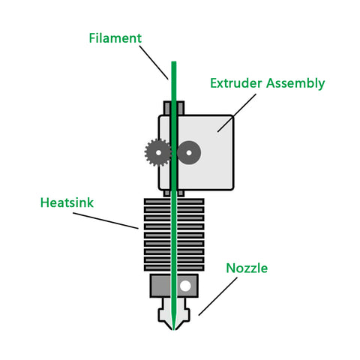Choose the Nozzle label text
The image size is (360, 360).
[247, 268]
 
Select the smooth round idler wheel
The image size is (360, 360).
[190, 153]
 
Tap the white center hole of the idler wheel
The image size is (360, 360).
[190, 153]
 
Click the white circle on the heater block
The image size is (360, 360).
[185, 286]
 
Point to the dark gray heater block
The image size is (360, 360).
[160, 286]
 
